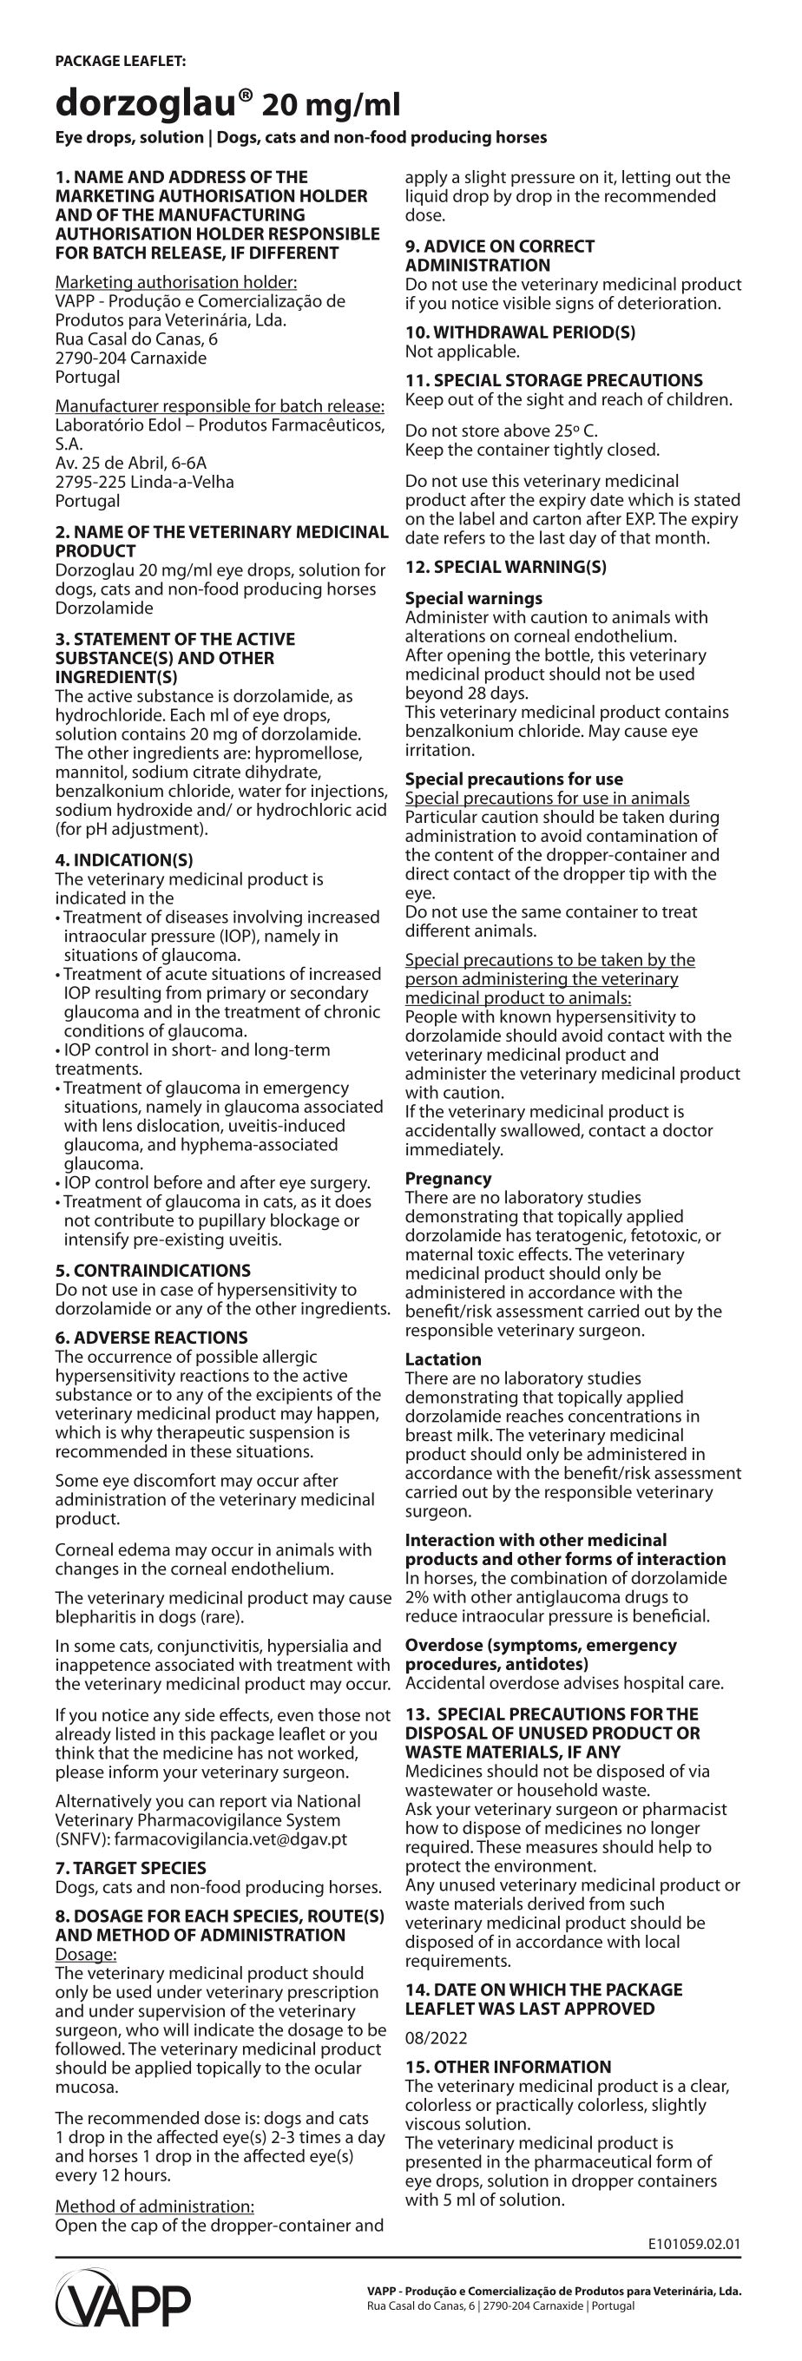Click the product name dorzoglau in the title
pyautogui.click(x=153, y=104)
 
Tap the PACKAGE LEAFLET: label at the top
pyautogui.click(x=120, y=61)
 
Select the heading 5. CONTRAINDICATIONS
pyautogui.click(x=152, y=1270)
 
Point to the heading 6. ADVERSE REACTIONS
pyautogui.click(x=151, y=1338)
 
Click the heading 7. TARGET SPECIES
pyautogui.click(x=130, y=1868)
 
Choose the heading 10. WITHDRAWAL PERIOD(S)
pyautogui.click(x=520, y=332)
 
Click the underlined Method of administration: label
pyautogui.click(x=154, y=2205)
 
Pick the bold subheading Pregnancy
pyautogui.click(x=448, y=1179)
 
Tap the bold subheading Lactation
pyautogui.click(x=443, y=1359)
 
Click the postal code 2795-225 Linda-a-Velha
pyautogui.click(x=145, y=482)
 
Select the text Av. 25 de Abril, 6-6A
pyautogui.click(x=131, y=463)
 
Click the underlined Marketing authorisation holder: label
pyautogui.click(x=176, y=282)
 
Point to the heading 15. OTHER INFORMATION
pyautogui.click(x=508, y=2067)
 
